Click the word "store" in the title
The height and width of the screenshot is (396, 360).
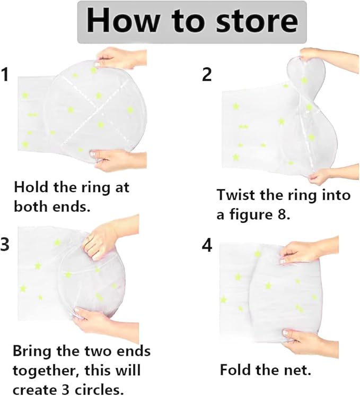tap(257, 21)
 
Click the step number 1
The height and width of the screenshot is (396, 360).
tap(5, 74)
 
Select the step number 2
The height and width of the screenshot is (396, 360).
tap(207, 74)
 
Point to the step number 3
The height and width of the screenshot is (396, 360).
tap(5, 244)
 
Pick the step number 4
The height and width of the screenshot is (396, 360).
tap(207, 245)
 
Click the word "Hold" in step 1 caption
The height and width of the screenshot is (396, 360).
tap(30, 187)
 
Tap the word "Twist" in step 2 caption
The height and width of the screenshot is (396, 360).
tap(236, 195)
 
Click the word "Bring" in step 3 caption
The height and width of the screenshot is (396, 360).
tap(32, 351)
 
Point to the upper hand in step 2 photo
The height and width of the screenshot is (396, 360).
tap(329, 60)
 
